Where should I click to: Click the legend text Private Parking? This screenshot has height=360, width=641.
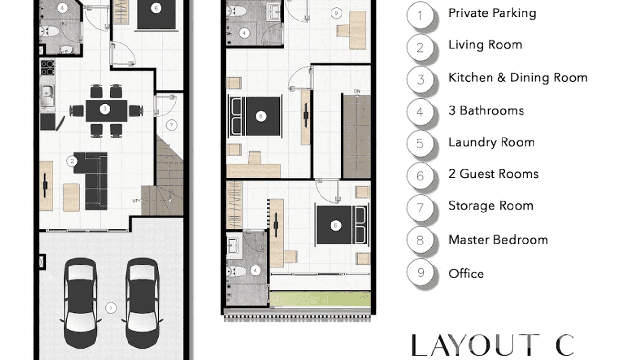[492, 13]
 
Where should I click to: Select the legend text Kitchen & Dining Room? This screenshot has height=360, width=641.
[518, 77]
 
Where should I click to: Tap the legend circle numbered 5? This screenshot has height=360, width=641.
[420, 144]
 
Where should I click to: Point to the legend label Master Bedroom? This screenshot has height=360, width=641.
[498, 240]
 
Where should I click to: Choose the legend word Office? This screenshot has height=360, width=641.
[466, 274]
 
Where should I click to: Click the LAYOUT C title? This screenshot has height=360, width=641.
[492, 345]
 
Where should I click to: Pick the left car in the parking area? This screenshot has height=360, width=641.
[80, 303]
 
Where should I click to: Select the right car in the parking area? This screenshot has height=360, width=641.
[142, 303]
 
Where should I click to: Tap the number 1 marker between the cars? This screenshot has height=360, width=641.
[111, 308]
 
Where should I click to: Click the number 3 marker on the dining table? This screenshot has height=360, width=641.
[105, 109]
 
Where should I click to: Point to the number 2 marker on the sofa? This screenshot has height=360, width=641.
[72, 161]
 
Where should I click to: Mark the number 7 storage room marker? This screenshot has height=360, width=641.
[171, 125]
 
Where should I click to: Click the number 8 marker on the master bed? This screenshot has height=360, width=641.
[261, 116]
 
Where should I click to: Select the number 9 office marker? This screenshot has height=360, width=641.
[336, 13]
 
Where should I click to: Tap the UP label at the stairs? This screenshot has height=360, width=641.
[136, 201]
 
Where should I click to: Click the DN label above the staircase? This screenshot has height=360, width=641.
[357, 91]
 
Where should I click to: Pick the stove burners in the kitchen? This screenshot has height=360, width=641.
[47, 67]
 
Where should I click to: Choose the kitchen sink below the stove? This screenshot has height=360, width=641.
[47, 95]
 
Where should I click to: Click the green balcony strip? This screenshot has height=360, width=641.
[320, 298]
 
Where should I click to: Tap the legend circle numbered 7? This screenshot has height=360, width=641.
[420, 208]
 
